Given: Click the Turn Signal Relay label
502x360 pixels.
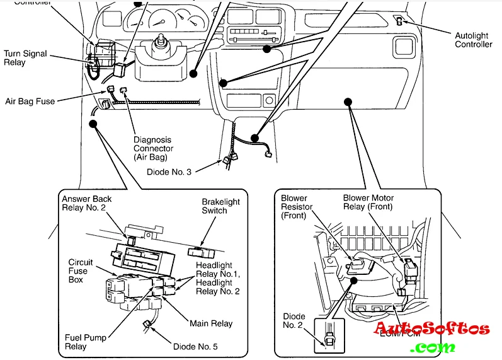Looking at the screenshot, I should coord(25,58).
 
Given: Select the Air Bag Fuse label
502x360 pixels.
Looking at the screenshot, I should coord(30,100).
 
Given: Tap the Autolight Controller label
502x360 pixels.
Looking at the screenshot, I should coord(473,40).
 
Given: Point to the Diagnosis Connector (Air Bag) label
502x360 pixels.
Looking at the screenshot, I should coord(153,148).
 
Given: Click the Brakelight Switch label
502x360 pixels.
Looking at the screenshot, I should coord(220,206).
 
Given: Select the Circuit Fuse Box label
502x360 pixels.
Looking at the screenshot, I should coord(81,270).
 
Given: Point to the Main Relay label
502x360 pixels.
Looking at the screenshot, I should coord(211,323).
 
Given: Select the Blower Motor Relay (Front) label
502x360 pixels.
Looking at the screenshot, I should coord(368,202).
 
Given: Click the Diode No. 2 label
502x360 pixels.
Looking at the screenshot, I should coord(294,320).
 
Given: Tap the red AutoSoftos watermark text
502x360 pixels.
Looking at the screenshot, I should coord(431,328).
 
